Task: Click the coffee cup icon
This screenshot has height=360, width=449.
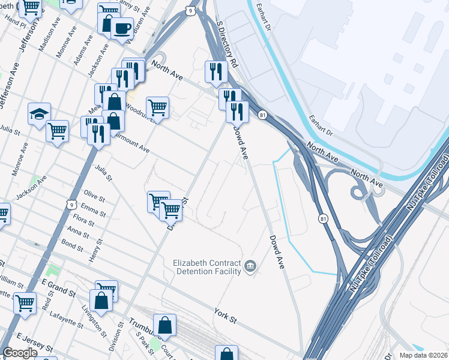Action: (x=122, y=28)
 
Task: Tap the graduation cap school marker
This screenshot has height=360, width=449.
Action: (x=39, y=113)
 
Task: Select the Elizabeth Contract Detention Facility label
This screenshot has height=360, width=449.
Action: (x=206, y=267)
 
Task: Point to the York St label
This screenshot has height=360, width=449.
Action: (x=226, y=314)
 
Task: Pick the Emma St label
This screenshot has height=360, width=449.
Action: (x=93, y=209)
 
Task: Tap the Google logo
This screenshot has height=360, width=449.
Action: (x=20, y=353)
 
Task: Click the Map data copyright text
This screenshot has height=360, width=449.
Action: (x=423, y=355)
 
